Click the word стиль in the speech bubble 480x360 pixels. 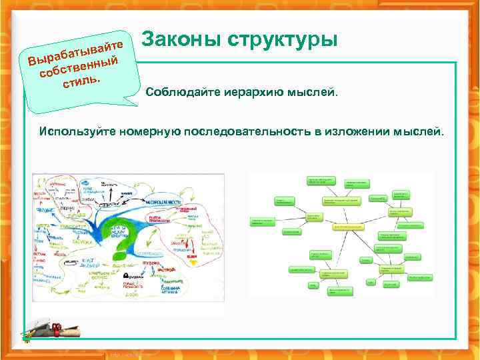click(x=81, y=83)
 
